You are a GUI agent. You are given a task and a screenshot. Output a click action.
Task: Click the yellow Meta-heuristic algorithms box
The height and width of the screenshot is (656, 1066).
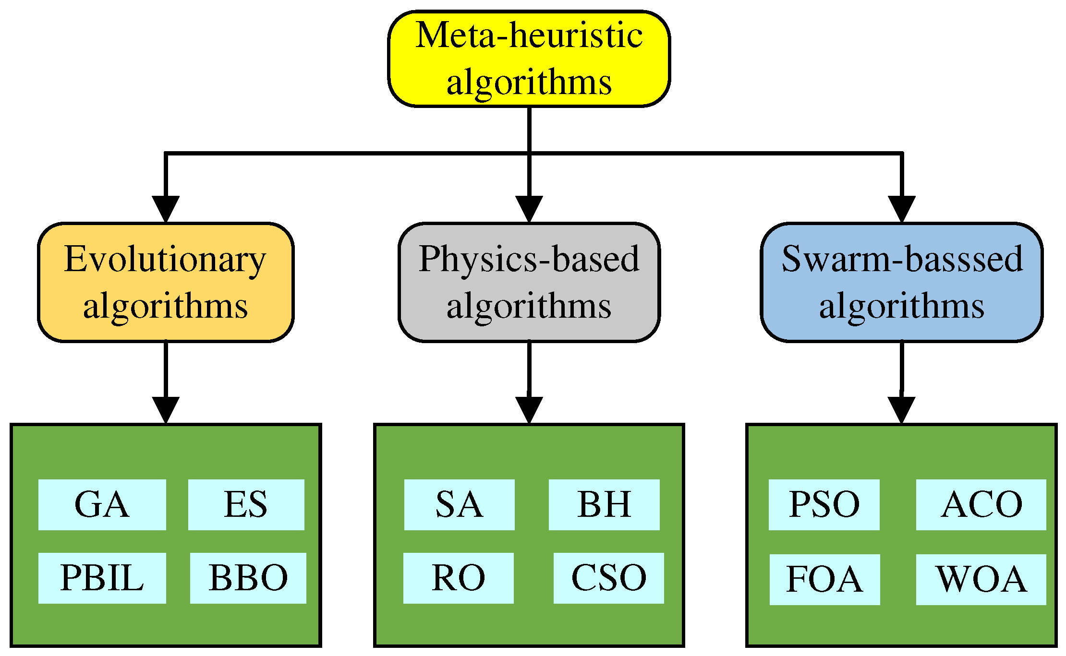point(529,59)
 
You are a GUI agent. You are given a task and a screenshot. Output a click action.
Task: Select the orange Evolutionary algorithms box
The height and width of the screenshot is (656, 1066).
point(166,282)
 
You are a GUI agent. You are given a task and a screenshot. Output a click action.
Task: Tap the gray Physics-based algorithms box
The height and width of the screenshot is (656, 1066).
point(529,282)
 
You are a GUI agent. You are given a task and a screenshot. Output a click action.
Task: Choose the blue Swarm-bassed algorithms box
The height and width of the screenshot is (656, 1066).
point(902,282)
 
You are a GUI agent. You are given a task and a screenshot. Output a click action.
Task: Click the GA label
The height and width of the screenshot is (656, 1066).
point(102,504)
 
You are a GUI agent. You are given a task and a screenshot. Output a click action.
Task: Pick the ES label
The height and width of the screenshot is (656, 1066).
point(246,504)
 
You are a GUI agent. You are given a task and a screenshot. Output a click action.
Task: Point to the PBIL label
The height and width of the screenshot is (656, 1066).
point(102,578)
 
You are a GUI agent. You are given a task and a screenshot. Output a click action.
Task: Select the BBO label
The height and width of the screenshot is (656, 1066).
point(248,578)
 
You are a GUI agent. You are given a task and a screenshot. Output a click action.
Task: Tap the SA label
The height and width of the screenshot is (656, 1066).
point(459,504)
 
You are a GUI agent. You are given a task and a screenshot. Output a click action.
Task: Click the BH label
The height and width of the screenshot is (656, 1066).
point(604,504)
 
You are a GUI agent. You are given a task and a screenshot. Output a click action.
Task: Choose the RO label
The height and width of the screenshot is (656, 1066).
point(458,578)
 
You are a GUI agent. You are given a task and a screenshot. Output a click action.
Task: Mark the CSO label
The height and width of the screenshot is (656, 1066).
point(608,578)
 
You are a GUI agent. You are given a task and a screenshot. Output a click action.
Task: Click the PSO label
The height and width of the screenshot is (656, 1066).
point(824,504)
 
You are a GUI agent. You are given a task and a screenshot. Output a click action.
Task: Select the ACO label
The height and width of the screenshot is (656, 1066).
point(981,504)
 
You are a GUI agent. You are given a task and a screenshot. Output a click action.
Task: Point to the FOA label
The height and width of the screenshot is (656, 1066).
point(824,579)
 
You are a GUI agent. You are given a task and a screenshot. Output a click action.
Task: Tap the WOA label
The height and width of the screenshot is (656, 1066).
point(981,579)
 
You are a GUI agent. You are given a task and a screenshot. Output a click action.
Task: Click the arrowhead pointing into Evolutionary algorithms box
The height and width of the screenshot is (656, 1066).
point(166,209)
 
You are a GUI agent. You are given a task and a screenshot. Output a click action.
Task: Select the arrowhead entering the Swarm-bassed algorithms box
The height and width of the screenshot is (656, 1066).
point(902,209)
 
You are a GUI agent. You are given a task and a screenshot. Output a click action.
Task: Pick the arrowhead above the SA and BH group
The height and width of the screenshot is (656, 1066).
point(529,410)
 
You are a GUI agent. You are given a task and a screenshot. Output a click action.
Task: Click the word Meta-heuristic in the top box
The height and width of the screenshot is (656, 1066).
point(529,36)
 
